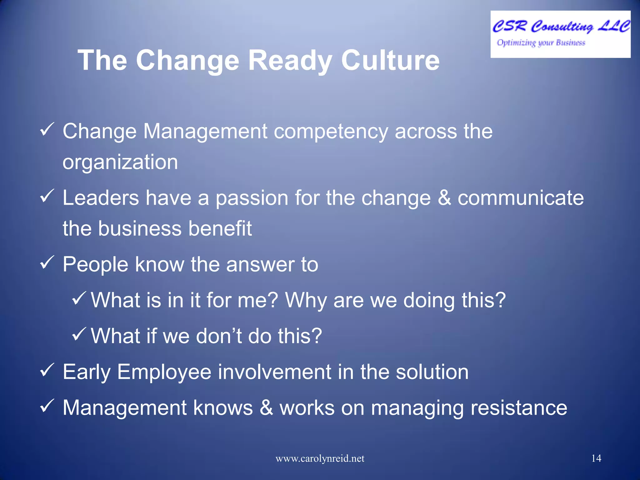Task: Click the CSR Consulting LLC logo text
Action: [561, 26]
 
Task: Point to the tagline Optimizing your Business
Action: [541, 42]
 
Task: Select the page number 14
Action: [596, 458]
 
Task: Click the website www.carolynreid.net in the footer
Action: [320, 458]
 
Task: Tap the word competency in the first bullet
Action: [331, 132]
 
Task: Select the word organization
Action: [120, 162]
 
